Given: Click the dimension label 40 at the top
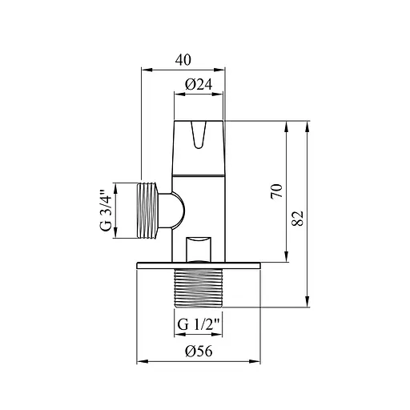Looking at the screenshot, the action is (x=183, y=60).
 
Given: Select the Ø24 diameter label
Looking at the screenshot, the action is (x=199, y=85).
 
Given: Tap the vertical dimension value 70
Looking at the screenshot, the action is (x=277, y=191).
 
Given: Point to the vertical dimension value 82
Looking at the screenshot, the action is (x=298, y=219).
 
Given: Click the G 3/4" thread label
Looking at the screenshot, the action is (x=106, y=211).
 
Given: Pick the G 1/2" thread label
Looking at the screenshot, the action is (x=199, y=325).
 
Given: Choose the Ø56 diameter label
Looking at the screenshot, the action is (x=199, y=351).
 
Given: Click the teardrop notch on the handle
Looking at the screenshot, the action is (x=198, y=135).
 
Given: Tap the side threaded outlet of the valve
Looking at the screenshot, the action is (x=147, y=211).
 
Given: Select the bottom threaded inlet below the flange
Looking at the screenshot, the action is (x=198, y=287).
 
